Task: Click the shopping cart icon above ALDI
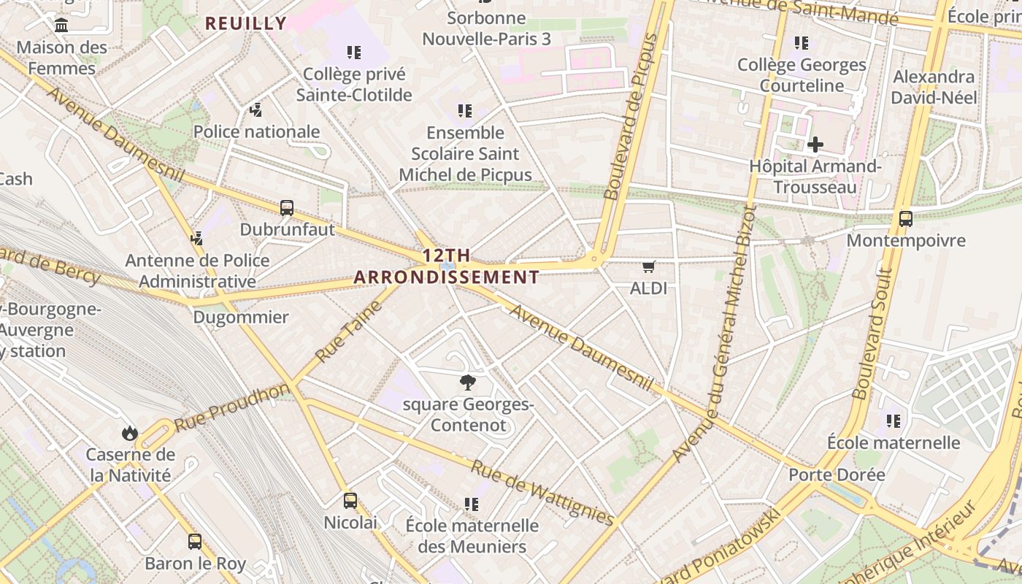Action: tap(648, 267)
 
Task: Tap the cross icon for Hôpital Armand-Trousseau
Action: tap(815, 145)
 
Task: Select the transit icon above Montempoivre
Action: tap(905, 218)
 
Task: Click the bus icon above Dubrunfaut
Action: tap(287, 208)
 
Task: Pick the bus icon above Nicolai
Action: tap(350, 501)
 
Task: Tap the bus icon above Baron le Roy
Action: tap(195, 542)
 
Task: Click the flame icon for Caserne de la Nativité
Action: tap(130, 433)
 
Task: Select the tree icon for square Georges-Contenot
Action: tap(468, 383)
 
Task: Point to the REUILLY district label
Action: tap(246, 23)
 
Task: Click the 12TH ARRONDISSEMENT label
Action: tap(447, 266)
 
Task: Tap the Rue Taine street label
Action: tap(350, 332)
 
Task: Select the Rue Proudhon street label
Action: tap(232, 407)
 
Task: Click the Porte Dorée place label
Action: tap(837, 474)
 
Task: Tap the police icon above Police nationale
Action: tap(255, 110)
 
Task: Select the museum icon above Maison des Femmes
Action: tap(61, 26)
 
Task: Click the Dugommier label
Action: tap(241, 318)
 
